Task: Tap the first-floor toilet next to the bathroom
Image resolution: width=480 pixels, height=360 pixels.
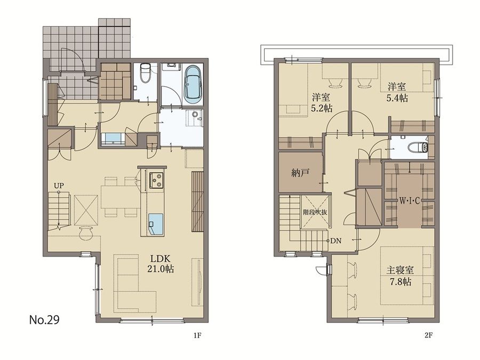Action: coord(145,73)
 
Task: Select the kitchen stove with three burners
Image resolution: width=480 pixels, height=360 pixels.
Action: coord(156,181)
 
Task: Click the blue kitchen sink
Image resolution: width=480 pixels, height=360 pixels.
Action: coord(156,225)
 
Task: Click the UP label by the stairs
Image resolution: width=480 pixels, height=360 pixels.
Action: coord(59,186)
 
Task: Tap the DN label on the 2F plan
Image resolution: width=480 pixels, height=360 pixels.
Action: coord(336,241)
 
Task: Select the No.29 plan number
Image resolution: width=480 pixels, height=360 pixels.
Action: coord(44,320)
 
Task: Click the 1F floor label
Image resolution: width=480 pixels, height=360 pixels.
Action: coord(197,335)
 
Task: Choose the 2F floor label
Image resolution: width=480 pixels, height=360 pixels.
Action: coord(428,335)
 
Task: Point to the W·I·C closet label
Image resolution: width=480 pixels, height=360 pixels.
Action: coord(409,201)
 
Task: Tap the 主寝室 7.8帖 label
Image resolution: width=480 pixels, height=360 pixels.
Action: coord(401,276)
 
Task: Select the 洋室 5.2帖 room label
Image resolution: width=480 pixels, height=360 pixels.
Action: coord(322,103)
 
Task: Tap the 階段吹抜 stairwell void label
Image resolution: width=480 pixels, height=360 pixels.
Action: coord(315,212)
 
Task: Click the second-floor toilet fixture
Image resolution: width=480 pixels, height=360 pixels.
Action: coord(419,147)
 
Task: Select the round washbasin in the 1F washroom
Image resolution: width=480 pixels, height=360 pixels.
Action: coord(195,114)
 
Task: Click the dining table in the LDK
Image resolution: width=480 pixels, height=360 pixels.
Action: coord(119,197)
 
